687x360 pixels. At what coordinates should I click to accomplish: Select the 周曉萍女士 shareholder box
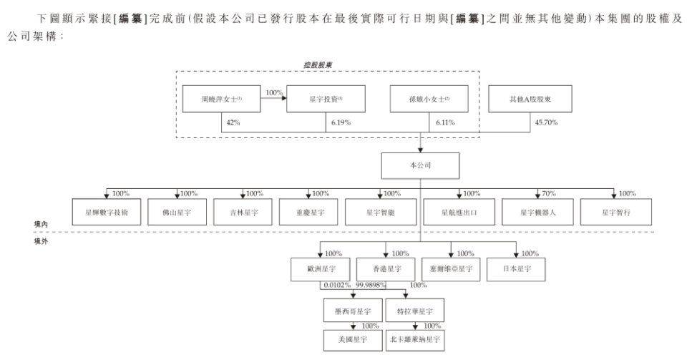[x=221, y=99]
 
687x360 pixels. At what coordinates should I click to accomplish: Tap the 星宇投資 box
[x=326, y=99]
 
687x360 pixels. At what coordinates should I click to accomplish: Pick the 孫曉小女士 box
[x=431, y=99]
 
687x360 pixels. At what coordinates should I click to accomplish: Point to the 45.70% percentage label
[x=547, y=123]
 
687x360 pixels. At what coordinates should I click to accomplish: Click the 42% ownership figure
[x=231, y=123]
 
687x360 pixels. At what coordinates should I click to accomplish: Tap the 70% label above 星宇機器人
[x=547, y=194]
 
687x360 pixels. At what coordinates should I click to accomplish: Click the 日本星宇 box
[x=515, y=269]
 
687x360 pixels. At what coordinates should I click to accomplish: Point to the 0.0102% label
[x=336, y=285]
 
